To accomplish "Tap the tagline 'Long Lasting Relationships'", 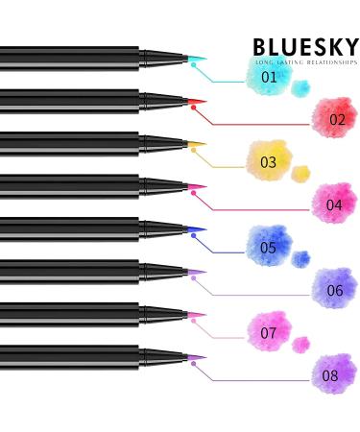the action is tap(305, 62).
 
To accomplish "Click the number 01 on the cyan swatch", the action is tap(270, 77).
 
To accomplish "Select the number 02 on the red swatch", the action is tap(337, 120).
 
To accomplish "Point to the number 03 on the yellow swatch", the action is tap(268, 162).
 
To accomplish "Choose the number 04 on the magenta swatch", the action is tap(334, 204).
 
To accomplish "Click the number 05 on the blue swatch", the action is tap(269, 248).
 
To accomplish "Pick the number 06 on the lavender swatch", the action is tap(335, 290).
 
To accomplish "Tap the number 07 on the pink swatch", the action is tap(269, 333).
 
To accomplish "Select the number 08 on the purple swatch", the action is tap(330, 375).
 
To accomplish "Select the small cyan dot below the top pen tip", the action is tap(194, 65).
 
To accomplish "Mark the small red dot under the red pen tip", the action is tap(194, 108).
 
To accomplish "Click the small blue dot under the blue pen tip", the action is tap(194, 236).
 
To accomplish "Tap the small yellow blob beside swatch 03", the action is tap(301, 174).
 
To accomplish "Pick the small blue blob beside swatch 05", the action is tap(301, 258).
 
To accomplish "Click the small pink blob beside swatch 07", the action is tap(301, 344).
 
